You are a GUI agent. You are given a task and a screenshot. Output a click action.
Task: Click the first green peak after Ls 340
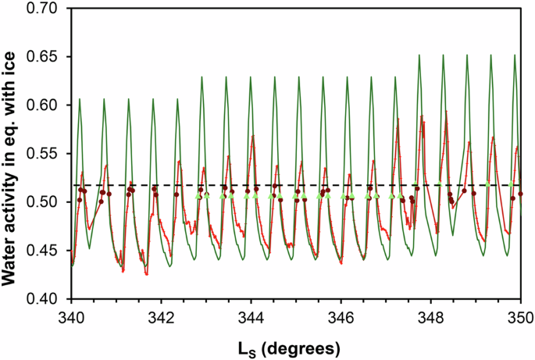80,99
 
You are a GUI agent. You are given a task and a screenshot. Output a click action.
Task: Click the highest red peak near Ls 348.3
447,112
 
